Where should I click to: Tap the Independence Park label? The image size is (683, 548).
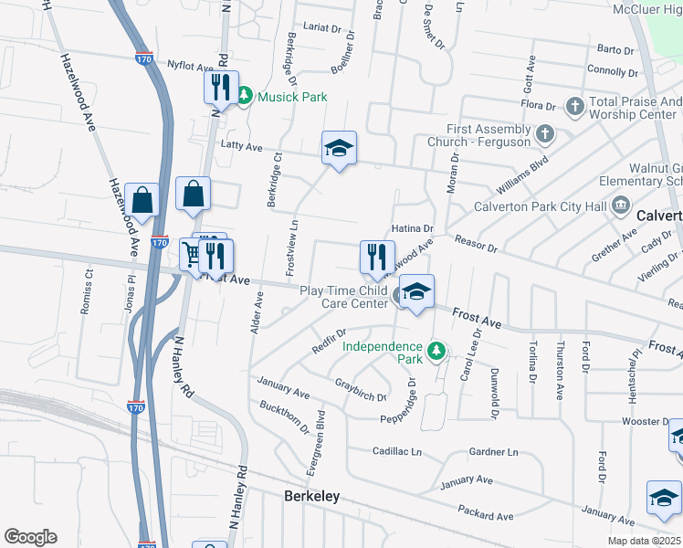click(382, 353)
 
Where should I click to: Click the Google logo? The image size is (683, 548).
click(30, 537)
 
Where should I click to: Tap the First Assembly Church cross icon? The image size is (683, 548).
click(545, 135)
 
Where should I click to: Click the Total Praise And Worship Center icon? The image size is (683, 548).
click(575, 107)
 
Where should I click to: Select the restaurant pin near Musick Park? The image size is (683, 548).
click(220, 89)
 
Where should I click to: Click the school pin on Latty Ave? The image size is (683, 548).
click(339, 149)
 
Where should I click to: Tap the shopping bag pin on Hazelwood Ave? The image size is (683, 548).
click(142, 199)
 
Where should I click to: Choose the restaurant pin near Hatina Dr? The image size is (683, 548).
click(377, 258)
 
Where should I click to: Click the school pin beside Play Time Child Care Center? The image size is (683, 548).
click(416, 293)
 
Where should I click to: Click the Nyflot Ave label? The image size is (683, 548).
click(190, 65)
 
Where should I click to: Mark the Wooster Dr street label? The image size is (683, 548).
click(640, 421)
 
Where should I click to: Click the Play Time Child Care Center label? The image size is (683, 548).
click(343, 297)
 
